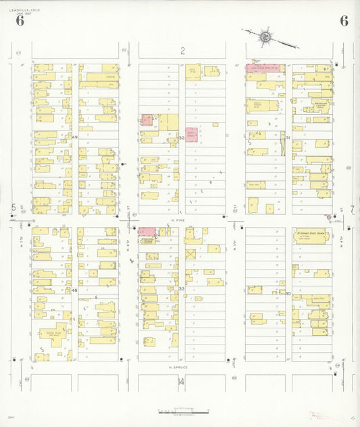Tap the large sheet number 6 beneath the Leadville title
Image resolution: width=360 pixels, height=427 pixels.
click(20, 21)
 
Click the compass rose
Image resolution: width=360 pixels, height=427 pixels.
click(266, 35)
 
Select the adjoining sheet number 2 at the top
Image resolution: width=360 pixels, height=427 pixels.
click(182, 51)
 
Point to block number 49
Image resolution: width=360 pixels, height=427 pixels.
click(75, 137)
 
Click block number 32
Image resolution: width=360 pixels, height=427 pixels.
click(182, 137)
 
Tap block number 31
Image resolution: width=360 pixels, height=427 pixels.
click(288, 137)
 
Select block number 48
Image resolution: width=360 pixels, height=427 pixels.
click(75, 290)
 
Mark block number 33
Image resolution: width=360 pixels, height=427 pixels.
click(182, 289)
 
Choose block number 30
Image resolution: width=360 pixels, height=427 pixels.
click(288, 293)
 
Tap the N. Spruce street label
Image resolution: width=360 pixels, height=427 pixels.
click(178, 367)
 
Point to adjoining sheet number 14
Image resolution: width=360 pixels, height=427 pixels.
click(180, 382)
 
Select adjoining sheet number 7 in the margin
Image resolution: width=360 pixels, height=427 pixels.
click(351, 208)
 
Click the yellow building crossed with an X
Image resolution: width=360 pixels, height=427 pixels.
click(191, 254)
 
